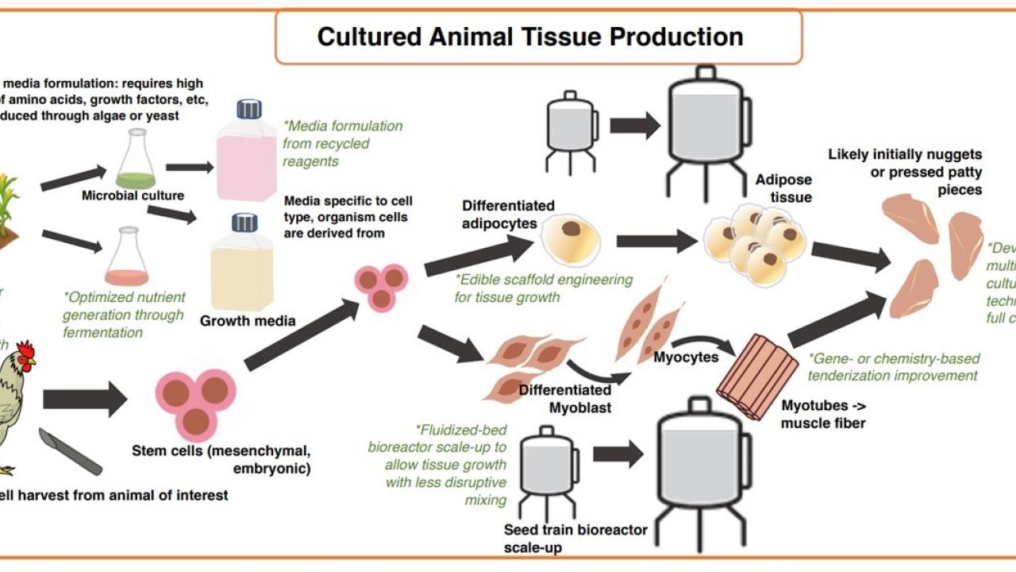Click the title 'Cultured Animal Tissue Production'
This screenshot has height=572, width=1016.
(x=530, y=37)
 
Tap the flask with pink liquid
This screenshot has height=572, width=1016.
(x=127, y=258)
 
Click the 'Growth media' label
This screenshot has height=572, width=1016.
(x=248, y=321)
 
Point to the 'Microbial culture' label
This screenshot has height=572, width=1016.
(x=133, y=195)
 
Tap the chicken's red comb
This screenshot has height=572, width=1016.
(x=26, y=351)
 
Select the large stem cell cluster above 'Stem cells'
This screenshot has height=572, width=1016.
(x=197, y=401)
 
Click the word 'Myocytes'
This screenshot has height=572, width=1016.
(x=686, y=357)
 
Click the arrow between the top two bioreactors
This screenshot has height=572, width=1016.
(x=635, y=125)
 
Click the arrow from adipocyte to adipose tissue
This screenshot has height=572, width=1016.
(x=656, y=241)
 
